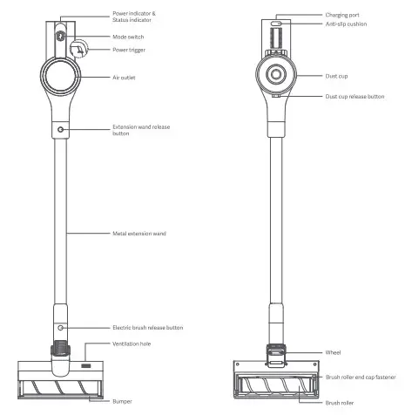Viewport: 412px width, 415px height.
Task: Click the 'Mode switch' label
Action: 128,37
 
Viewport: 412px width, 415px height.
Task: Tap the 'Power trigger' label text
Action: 129,50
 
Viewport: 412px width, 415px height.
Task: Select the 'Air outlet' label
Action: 124,78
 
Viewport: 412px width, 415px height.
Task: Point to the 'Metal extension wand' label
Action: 139,234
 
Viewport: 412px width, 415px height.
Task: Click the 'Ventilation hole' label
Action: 132,344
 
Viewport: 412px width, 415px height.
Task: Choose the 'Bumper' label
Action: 122,401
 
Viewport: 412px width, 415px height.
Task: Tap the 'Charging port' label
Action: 342,15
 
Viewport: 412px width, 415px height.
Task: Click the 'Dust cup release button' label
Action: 355,97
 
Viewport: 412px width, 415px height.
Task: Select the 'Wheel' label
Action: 333,352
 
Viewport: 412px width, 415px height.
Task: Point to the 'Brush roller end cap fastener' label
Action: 361,377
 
